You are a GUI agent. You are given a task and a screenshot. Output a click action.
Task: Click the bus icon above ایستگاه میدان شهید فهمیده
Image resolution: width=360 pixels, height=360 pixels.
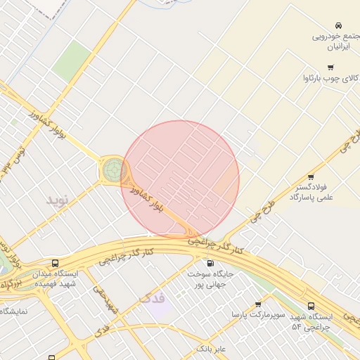pyautogui.click(x=56, y=263)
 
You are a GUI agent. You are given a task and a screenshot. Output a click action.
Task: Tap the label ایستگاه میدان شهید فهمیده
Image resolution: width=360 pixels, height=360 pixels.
pyautogui.click(x=56, y=278)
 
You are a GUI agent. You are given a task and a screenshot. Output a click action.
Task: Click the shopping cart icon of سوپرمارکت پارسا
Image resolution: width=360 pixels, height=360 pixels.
pyautogui.click(x=259, y=304)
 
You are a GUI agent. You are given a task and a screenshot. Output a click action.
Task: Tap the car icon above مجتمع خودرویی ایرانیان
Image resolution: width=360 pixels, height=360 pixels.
pyautogui.click(x=339, y=25)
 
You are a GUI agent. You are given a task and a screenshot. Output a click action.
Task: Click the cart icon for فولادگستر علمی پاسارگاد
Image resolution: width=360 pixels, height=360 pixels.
pyautogui.click(x=310, y=177)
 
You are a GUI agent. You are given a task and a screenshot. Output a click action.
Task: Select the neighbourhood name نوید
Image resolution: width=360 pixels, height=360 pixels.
pyautogui.click(x=60, y=200)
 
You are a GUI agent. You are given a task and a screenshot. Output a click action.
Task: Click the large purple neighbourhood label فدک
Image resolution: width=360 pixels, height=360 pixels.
pyautogui.click(x=154, y=300)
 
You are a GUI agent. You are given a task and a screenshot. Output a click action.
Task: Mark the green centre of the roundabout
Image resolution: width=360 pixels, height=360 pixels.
pyautogui.click(x=113, y=170)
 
